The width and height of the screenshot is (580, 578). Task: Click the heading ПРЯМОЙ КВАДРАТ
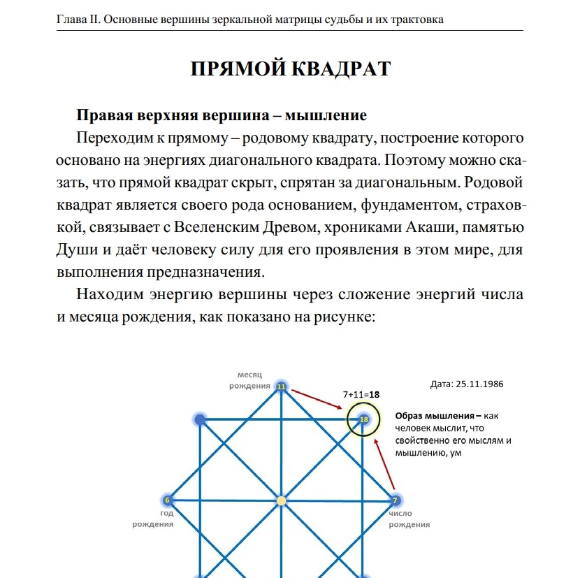click(290, 70)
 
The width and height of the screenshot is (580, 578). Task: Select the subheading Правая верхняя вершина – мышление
click(222, 115)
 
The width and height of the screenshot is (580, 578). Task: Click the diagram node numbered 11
click(281, 386)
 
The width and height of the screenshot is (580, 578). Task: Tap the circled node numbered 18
click(363, 419)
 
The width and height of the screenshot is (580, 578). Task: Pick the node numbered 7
click(395, 500)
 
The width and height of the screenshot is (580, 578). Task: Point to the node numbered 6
click(168, 500)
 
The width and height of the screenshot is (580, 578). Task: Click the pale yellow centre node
click(281, 500)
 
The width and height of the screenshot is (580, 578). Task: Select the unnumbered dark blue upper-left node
click(200, 419)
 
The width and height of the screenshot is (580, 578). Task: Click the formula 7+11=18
click(361, 394)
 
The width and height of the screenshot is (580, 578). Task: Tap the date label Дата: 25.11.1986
click(467, 384)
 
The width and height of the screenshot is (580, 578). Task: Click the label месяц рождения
click(250, 380)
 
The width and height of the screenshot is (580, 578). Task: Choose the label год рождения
click(153, 519)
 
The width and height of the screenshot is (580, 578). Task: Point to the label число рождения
click(409, 519)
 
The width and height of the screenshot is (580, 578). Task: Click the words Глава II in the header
click(78, 19)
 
